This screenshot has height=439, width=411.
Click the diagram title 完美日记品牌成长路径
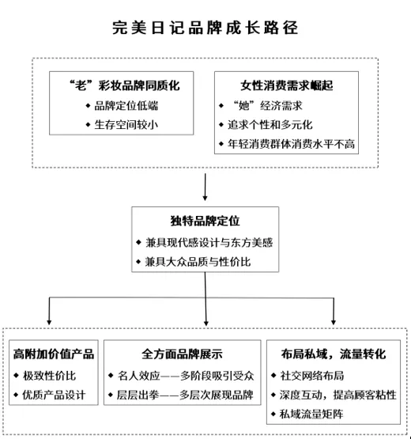point(205,28)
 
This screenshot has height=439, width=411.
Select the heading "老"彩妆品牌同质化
point(125,85)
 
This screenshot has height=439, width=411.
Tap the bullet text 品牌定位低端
point(126,106)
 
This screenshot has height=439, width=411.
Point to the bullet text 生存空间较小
point(126,125)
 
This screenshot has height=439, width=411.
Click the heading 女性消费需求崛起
point(286,85)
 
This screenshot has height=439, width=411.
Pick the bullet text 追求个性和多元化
point(270,125)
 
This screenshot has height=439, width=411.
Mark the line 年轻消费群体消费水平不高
point(291,144)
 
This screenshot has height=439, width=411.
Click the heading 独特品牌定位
point(205,221)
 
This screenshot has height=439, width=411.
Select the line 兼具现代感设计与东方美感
point(209,243)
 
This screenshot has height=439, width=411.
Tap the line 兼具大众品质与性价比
point(198,262)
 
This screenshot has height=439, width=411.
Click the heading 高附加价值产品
point(54,354)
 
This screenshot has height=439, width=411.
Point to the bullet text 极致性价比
point(49,376)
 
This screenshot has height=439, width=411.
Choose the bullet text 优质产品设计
point(54,395)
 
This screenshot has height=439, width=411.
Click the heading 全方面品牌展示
point(182,354)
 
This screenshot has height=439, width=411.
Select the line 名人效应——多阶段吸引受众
point(186,376)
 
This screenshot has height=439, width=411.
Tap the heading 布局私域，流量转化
point(334,354)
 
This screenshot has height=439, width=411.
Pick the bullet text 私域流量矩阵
point(311,414)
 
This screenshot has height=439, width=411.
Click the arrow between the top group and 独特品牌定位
point(205,187)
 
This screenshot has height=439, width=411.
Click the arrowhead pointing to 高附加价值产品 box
point(49,323)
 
